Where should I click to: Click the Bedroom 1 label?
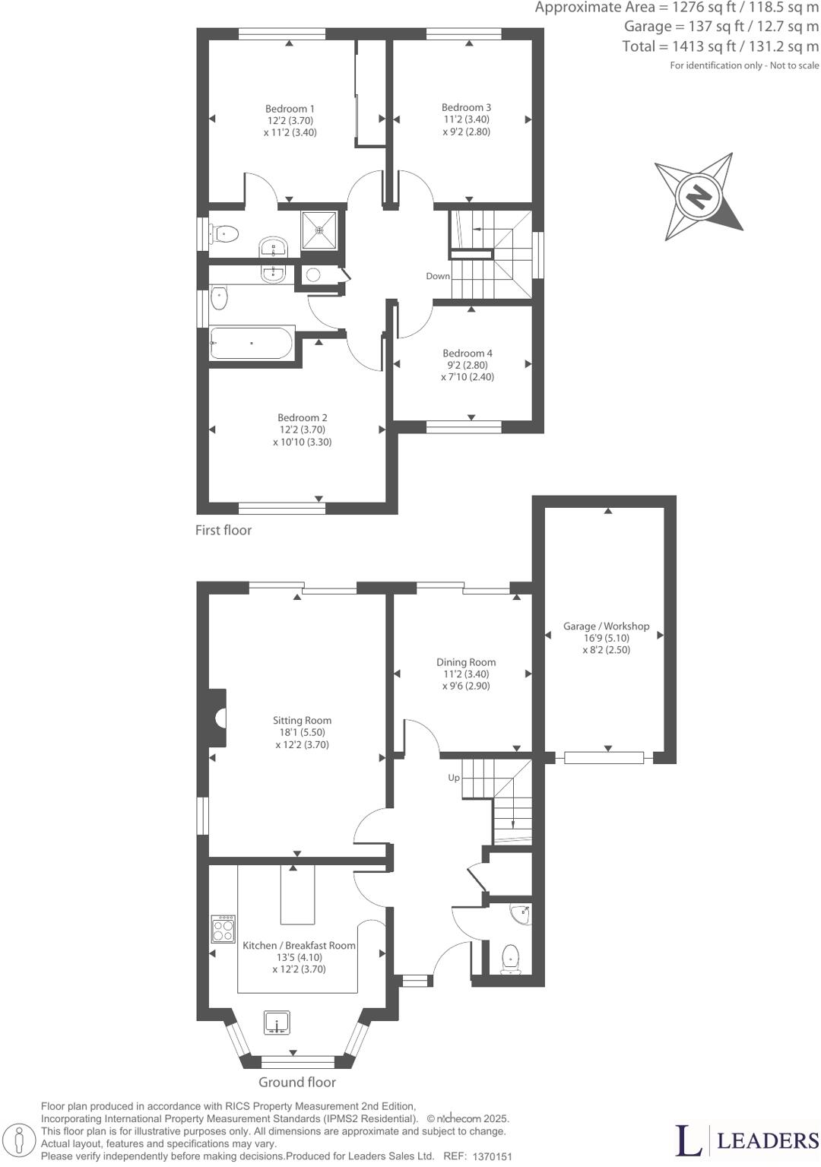click(x=290, y=109)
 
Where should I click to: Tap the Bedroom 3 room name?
click(x=466, y=107)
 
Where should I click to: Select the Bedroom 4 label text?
click(x=468, y=353)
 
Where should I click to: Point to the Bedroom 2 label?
click(x=303, y=417)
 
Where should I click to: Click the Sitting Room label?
click(x=302, y=720)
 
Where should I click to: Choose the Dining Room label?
click(x=466, y=662)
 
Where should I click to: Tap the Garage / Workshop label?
click(x=606, y=626)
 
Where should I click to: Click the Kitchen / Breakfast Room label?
click(x=299, y=945)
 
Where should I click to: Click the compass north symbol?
click(x=699, y=195)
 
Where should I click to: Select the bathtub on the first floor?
click(x=252, y=344)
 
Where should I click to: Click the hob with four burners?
click(x=223, y=929)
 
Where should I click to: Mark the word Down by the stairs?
click(x=438, y=276)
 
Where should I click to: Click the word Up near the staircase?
click(x=454, y=778)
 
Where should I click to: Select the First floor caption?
click(x=223, y=530)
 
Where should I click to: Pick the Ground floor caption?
click(x=297, y=1082)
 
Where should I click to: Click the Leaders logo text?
click(x=768, y=1140)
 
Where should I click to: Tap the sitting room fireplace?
click(x=220, y=717)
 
